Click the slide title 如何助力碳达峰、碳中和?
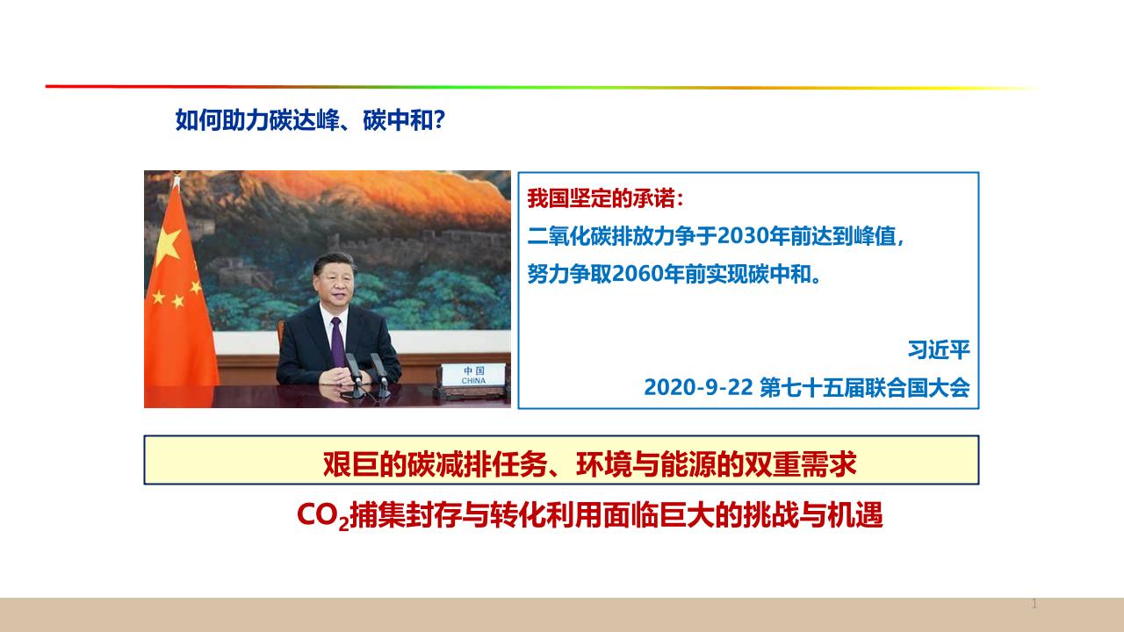310,120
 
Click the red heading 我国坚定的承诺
601,198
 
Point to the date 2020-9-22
698,388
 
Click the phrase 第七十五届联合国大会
865,388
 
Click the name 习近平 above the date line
939,350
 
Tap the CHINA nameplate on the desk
473,376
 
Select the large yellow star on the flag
168,245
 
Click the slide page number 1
1034,603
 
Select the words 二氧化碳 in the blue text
568,236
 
